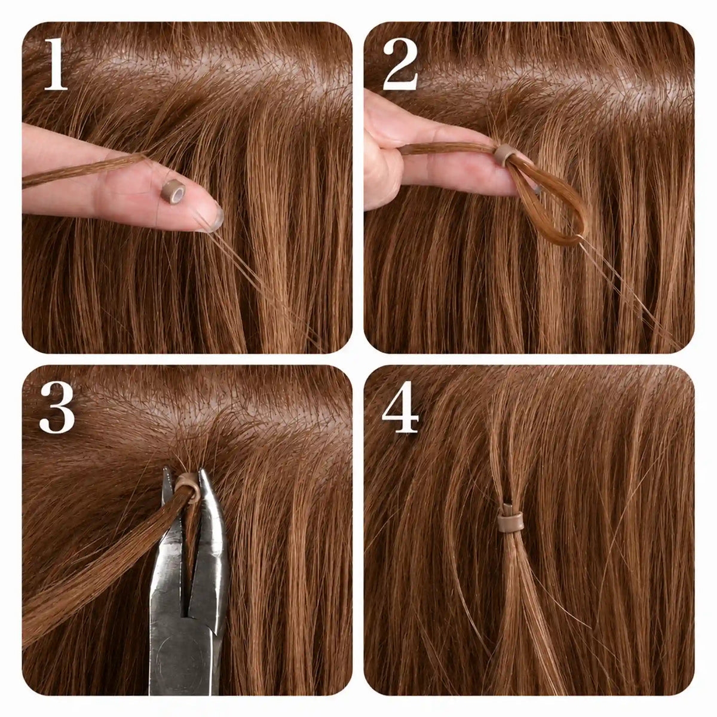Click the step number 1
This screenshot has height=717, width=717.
point(56,64)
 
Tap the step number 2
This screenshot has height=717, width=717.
point(400,64)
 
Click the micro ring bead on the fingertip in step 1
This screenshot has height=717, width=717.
point(173,191)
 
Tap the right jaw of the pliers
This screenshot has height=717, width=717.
point(212,528)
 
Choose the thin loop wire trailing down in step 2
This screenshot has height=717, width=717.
point(633,294)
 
